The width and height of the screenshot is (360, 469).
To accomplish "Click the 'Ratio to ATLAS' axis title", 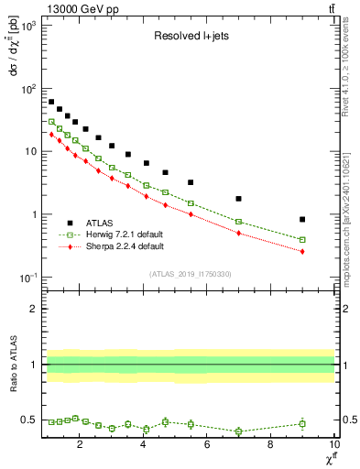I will (x=14, y=365).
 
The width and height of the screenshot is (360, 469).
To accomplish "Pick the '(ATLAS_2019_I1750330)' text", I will (x=190, y=274).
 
